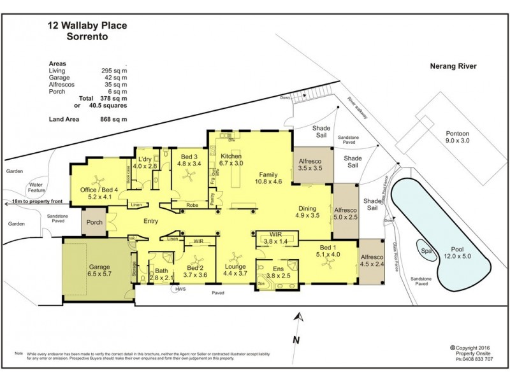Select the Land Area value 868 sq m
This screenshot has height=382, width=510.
click(114, 119)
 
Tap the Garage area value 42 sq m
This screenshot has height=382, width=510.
click(114, 78)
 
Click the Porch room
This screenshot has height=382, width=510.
click(94, 222)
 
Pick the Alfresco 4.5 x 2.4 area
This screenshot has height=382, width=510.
click(372, 262)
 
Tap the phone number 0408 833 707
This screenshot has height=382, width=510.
click(475, 359)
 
